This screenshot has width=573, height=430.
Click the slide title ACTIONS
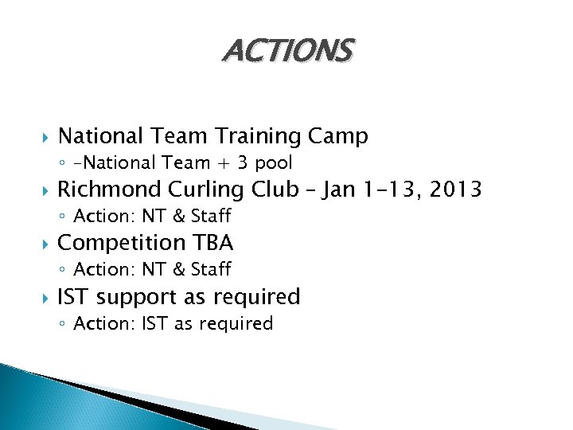[287, 52]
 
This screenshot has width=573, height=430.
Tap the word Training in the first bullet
[253, 136]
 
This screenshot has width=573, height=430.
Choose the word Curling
[209, 190]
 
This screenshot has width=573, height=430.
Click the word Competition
[122, 242]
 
